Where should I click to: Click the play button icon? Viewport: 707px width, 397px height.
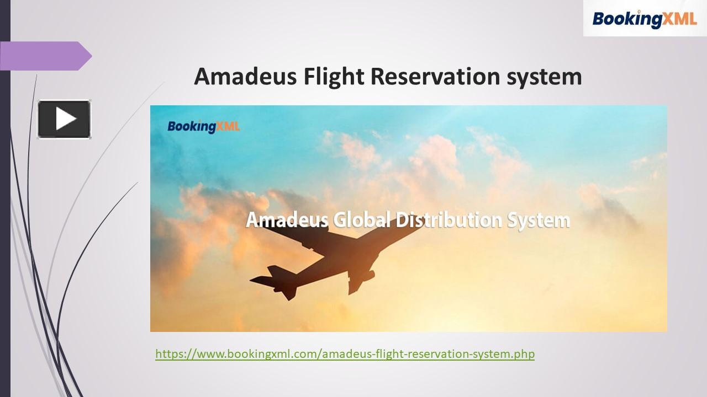[x=64, y=119]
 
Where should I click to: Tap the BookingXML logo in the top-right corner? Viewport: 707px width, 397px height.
[x=645, y=18]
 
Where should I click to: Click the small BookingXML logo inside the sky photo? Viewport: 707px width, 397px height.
[x=204, y=126]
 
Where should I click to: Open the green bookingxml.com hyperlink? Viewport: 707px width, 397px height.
[x=345, y=353]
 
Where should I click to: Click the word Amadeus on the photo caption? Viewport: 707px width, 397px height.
[x=287, y=220]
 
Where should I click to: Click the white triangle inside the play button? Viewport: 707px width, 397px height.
[x=66, y=119]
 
